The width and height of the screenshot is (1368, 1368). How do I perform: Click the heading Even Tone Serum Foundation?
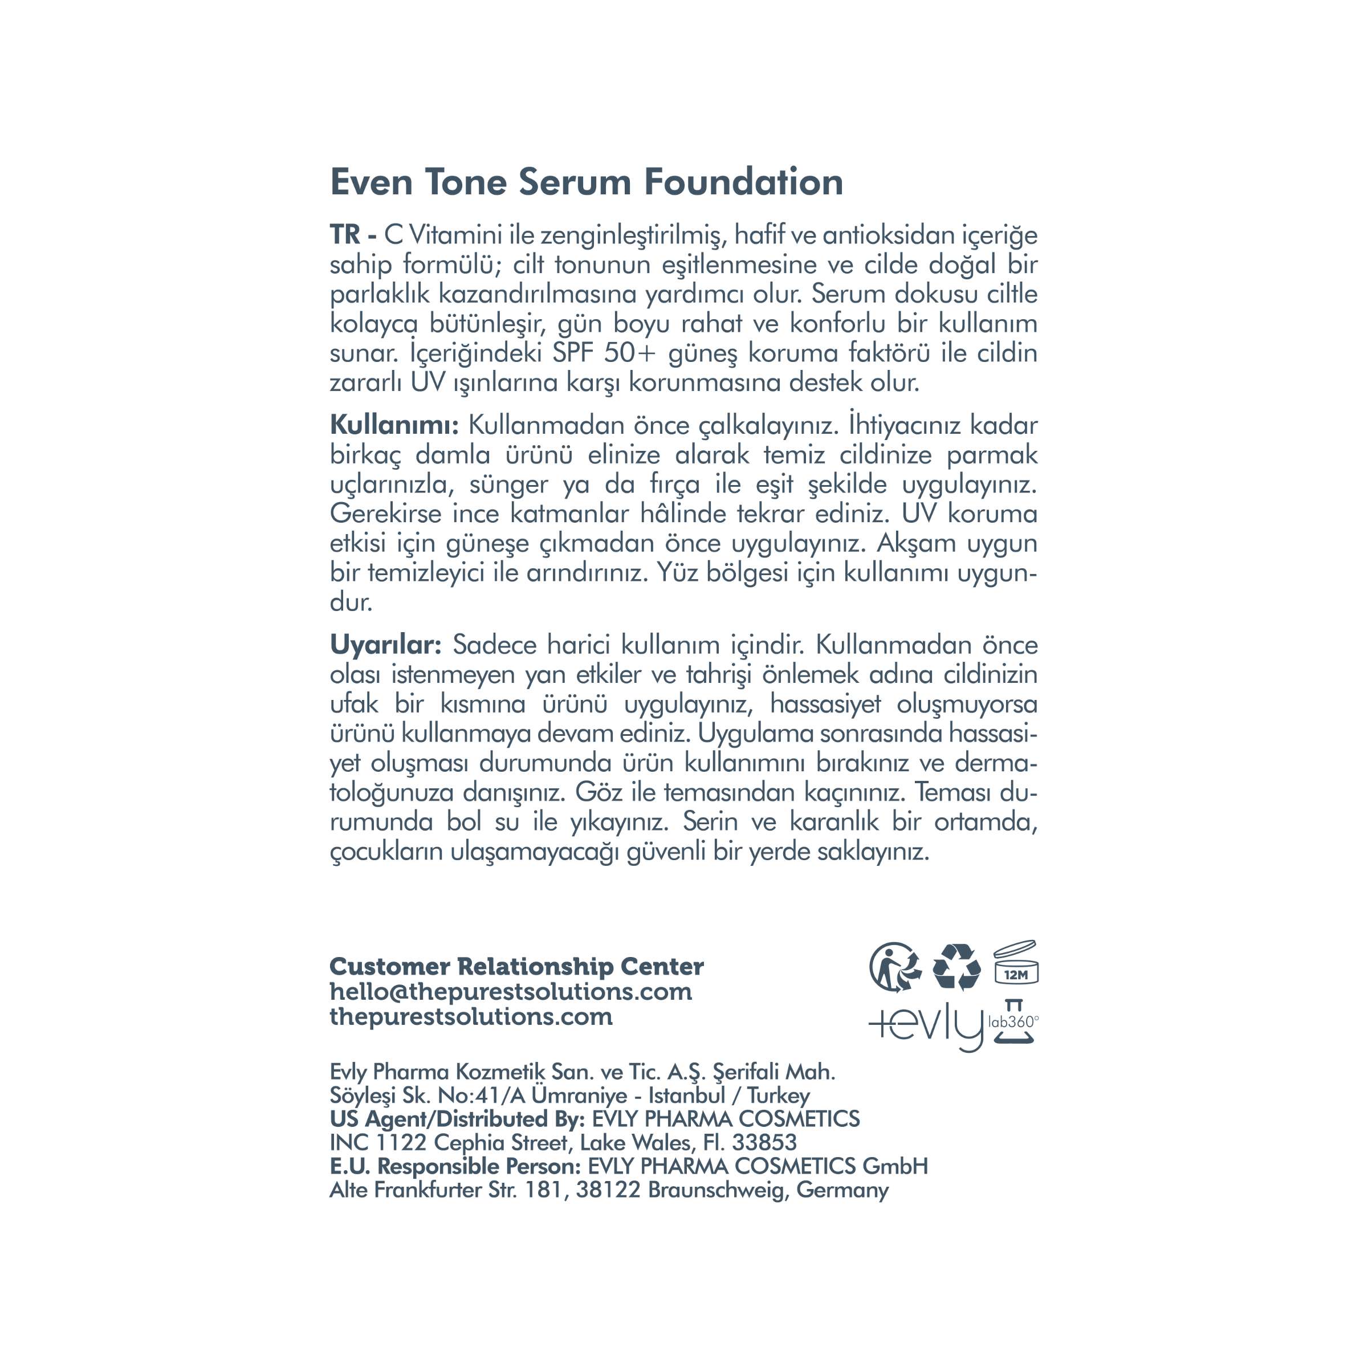pyautogui.click(x=587, y=182)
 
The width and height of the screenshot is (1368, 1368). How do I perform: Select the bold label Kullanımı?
pyautogui.click(x=394, y=426)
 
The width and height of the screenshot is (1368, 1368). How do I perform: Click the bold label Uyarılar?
pyautogui.click(x=386, y=645)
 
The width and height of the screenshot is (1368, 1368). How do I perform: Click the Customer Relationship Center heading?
pyautogui.click(x=516, y=967)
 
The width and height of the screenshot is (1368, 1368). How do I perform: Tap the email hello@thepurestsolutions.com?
pyautogui.click(x=511, y=991)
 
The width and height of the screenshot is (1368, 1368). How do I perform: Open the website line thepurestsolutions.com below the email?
pyautogui.click(x=471, y=1017)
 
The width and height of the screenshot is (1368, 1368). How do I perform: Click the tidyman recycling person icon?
pyautogui.click(x=895, y=967)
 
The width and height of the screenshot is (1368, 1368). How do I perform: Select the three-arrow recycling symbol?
pyautogui.click(x=956, y=967)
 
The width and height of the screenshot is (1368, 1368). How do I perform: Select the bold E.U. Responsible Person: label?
pyautogui.click(x=455, y=1166)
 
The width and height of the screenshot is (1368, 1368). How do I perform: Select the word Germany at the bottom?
pyautogui.click(x=842, y=1190)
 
